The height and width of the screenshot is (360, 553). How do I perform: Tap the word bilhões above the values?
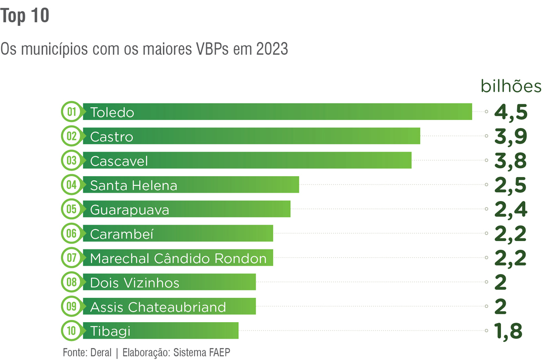tap(511, 87)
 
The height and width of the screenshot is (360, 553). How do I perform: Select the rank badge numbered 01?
tap(71, 112)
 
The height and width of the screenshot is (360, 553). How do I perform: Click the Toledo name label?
tap(112, 112)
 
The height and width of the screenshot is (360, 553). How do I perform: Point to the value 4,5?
tap(510, 112)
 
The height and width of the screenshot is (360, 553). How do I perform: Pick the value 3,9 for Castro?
tap(510, 136)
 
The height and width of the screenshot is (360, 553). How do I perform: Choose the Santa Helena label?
tap(134, 185)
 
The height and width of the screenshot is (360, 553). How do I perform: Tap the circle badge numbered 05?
tap(71, 209)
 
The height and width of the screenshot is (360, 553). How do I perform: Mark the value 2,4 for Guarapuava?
tap(510, 209)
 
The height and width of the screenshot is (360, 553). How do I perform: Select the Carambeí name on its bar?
tap(122, 234)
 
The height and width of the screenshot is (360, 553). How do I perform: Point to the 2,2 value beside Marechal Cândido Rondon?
tap(510, 258)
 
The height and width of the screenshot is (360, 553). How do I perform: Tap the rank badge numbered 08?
tap(71, 282)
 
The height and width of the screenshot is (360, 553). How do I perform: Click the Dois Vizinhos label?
tap(135, 283)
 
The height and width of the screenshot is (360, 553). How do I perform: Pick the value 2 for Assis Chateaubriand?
tap(500, 307)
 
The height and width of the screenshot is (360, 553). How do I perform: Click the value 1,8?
tap(508, 331)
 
